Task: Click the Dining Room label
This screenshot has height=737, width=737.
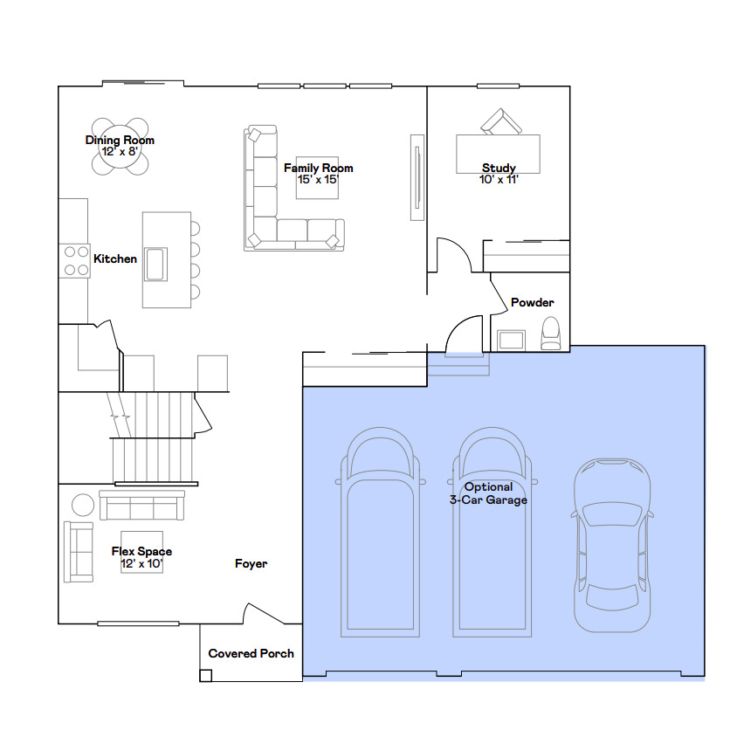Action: [x=120, y=140]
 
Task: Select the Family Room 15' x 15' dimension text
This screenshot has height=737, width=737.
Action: [x=317, y=179]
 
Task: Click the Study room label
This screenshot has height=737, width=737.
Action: [x=499, y=168]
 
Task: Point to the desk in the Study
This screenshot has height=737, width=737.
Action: [x=498, y=154]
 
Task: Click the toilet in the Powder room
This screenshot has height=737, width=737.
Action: [x=551, y=334]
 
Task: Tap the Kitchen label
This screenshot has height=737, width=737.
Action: [x=115, y=258]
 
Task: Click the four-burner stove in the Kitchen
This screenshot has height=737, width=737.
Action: [x=74, y=259]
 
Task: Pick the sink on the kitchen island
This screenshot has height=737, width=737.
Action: [x=156, y=264]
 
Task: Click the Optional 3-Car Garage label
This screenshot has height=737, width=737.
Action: [x=488, y=493]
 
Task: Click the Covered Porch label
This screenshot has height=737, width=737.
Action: [x=251, y=653]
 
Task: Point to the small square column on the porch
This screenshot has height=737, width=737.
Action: [x=205, y=675]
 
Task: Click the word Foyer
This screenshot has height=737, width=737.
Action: [x=251, y=563]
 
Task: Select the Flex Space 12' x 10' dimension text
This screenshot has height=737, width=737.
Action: [x=141, y=564]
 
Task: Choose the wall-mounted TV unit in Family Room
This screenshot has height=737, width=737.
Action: [x=417, y=177]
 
